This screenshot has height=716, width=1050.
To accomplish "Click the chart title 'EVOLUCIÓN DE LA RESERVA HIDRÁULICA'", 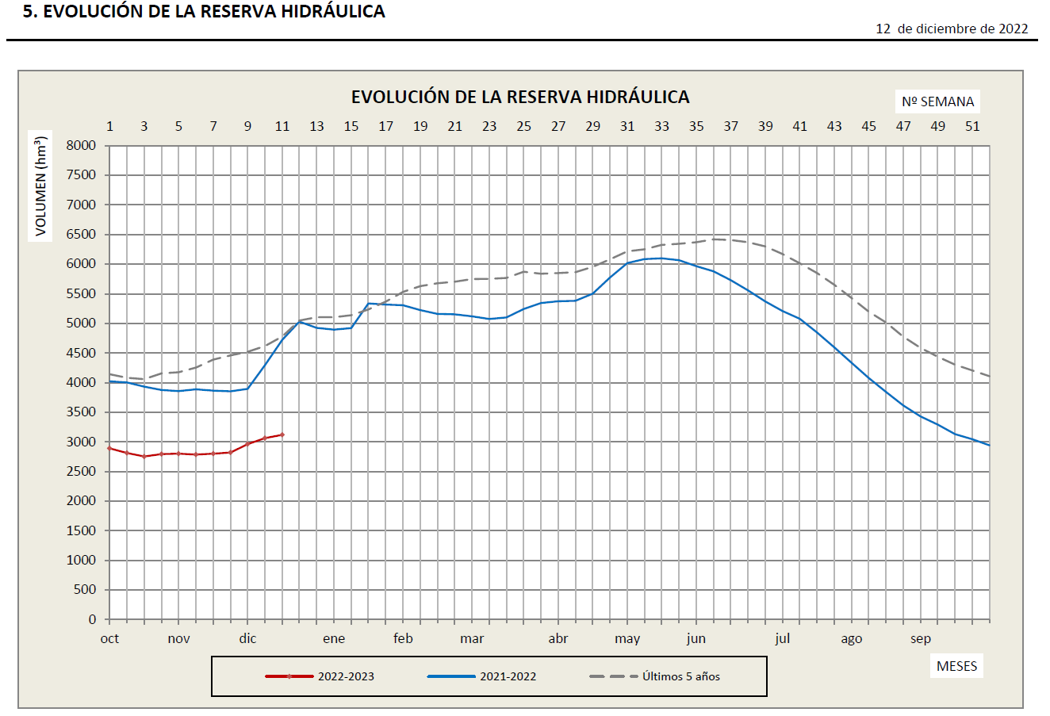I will pos(520,97).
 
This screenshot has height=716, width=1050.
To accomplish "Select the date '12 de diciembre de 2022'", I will pos(952,29).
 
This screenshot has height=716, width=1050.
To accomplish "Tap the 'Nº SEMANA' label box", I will pos(937,101).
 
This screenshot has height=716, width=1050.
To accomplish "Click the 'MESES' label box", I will pos(956,666).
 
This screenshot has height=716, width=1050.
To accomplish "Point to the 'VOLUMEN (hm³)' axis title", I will pos(40,186).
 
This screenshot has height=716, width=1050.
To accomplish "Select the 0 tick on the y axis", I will pos(92,619).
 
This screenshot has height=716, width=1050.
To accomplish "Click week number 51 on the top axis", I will pos(972,126).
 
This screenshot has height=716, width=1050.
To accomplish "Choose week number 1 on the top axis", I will pos(109,126).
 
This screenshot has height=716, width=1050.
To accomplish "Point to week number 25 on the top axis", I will pos(523,126).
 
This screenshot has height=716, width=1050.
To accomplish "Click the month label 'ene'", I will pos(334,639).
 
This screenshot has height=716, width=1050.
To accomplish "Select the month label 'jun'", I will pos(696,639).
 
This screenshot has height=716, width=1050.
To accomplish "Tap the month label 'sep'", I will pos(920,639).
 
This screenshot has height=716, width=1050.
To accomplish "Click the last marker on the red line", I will pos(282,435).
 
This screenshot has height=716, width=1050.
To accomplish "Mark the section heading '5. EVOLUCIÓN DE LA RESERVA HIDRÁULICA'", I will pos(204,11).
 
